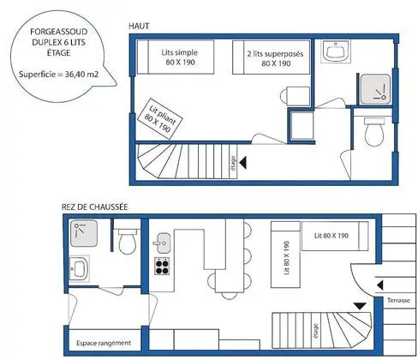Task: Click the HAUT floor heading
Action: pyautogui.click(x=139, y=26)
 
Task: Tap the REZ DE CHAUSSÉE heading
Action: pyautogui.click(x=95, y=207)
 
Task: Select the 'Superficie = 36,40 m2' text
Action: pyautogui.click(x=59, y=75)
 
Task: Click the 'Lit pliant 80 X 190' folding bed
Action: pyautogui.click(x=160, y=119)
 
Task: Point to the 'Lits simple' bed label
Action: pyautogui.click(x=180, y=52)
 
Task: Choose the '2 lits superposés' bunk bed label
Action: pyautogui.click(x=275, y=54)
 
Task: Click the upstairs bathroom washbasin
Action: pyautogui.click(x=336, y=51)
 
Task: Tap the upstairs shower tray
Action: pyautogui.click(x=375, y=89)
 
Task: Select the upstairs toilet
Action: pyautogui.click(x=374, y=132)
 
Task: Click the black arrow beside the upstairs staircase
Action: pyautogui.click(x=243, y=163)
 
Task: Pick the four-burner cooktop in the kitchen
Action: pyautogui.click(x=162, y=266)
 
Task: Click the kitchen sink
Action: pyautogui.click(x=164, y=243)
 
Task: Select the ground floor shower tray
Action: pyautogui.click(x=84, y=233)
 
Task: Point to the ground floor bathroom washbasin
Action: pyautogui.click(x=80, y=268)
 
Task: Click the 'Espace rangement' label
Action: pyautogui.click(x=104, y=343)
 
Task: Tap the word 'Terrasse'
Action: pyautogui.click(x=398, y=300)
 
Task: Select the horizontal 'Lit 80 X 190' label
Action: pyautogui.click(x=331, y=236)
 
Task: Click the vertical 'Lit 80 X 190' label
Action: pyautogui.click(x=287, y=258)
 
